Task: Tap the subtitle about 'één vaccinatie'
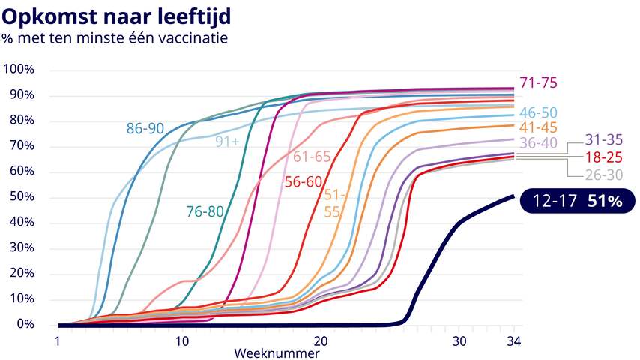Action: (114, 36)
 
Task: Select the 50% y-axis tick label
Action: (21, 197)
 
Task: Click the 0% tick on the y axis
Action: (24, 325)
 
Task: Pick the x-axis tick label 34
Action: (513, 340)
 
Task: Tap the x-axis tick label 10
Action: (182, 340)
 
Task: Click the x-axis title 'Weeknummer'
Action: (277, 352)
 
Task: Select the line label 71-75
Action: (538, 83)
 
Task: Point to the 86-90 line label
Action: (145, 129)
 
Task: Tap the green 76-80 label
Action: (205, 211)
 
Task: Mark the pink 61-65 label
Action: (312, 157)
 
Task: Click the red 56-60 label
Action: (303, 181)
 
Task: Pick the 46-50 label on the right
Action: (538, 113)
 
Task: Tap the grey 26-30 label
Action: (604, 176)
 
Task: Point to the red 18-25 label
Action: (604, 158)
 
